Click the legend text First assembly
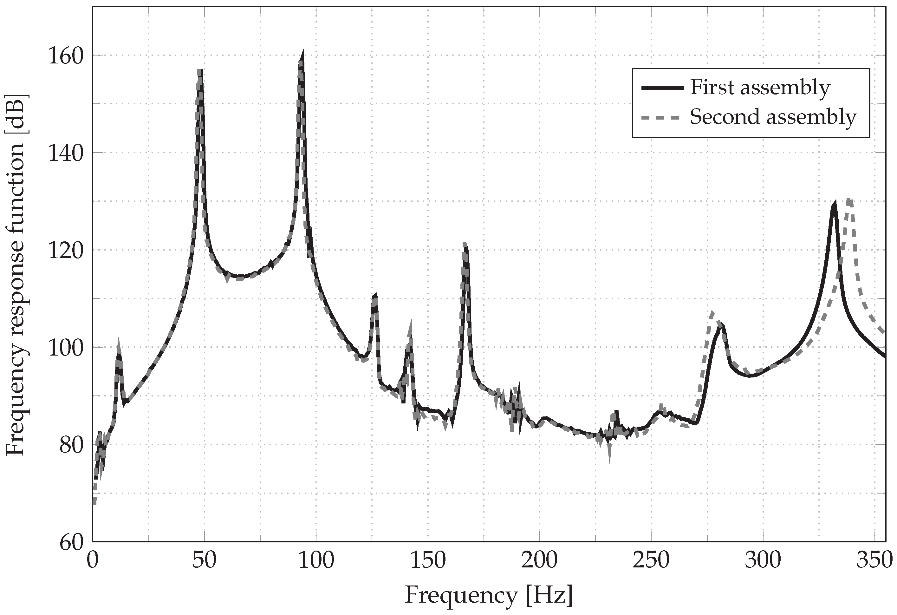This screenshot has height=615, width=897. point(760,87)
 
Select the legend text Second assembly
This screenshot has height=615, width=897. point(773,117)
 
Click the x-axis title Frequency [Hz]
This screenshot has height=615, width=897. point(489,595)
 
